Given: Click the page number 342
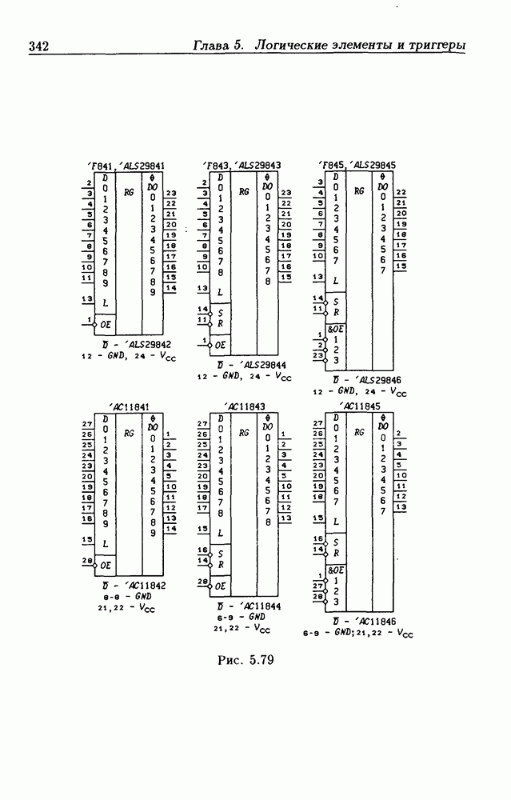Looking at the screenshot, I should point(38,46).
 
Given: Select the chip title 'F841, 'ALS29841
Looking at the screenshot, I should point(130,166).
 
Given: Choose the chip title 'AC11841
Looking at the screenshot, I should point(130,406).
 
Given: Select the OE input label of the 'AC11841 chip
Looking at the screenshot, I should point(106,565).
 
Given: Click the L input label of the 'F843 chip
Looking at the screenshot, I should point(221,293).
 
